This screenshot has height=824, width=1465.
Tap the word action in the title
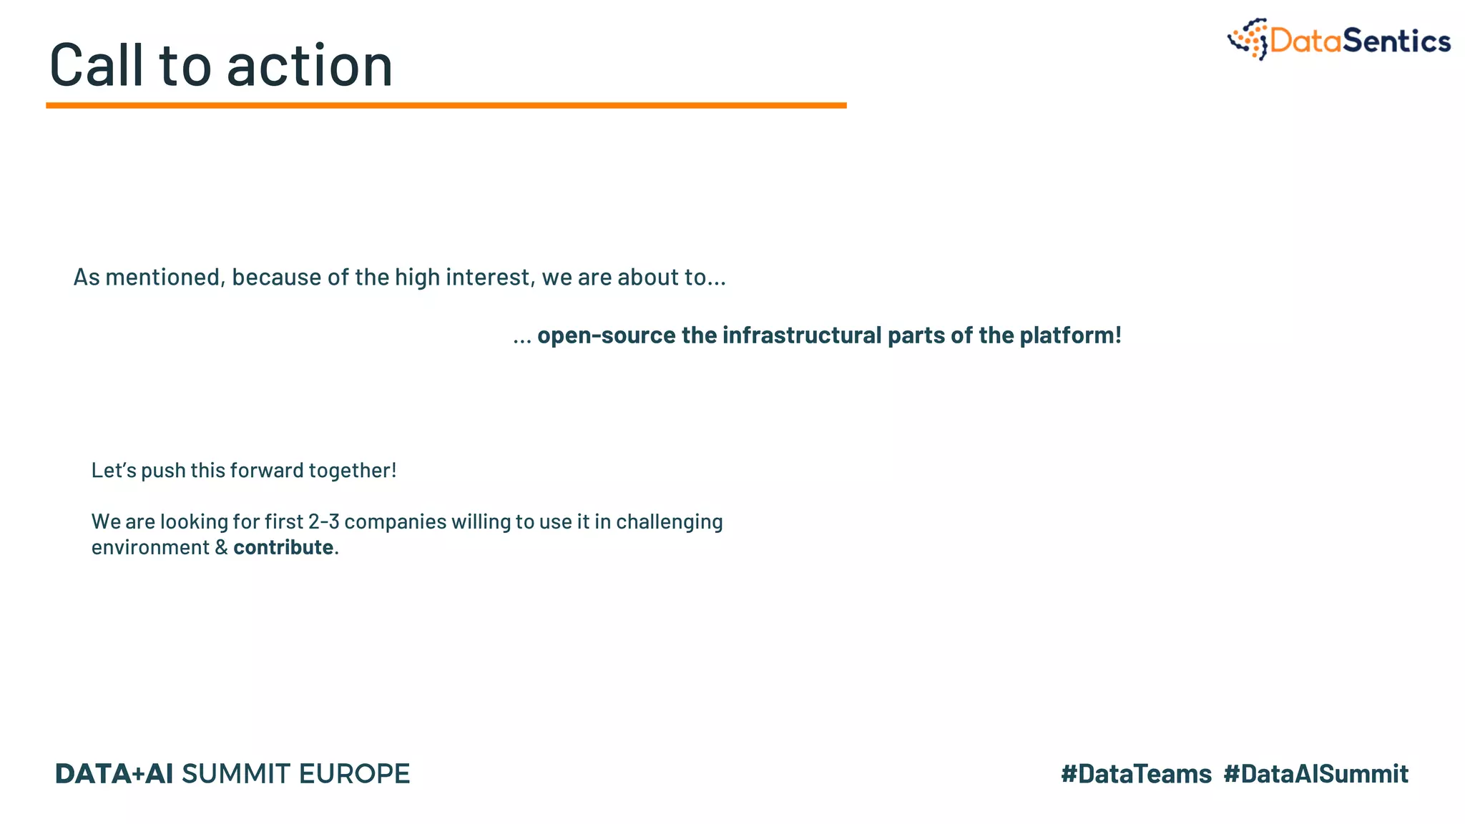coord(310,66)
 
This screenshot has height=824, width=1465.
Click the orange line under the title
coord(446,105)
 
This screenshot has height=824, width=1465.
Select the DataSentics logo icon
coord(1248,39)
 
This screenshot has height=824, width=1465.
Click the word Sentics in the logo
coord(1396,41)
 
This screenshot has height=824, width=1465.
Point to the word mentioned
coord(164,277)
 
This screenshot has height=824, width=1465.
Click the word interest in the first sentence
coord(489,277)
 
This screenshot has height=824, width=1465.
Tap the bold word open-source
coord(606,335)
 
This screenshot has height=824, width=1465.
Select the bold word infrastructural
coord(802,335)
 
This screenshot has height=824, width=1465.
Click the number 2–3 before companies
coord(323,521)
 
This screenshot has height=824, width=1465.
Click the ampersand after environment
coord(221,547)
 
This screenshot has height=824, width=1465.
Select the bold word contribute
coord(283,547)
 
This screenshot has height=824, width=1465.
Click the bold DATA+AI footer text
coord(114,774)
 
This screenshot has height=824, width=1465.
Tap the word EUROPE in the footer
coord(354,774)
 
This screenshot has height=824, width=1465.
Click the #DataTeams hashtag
coord(1136,774)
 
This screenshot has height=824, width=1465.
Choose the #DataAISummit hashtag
coord(1315,774)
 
